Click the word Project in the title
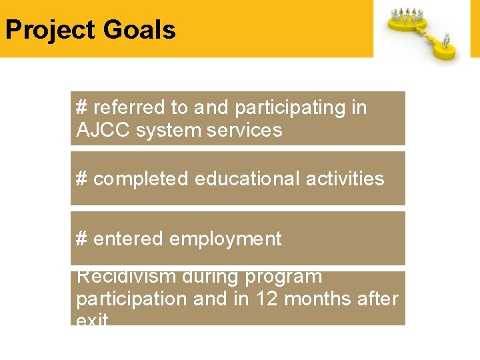pos(50,31)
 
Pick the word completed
pos(140,179)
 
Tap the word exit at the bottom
pos(92,321)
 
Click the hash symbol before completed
pos(82,179)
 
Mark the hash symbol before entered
pos(82,239)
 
